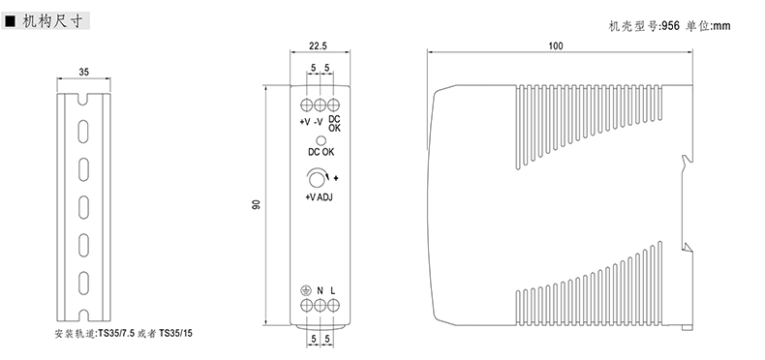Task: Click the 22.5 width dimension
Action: pyautogui.click(x=318, y=46)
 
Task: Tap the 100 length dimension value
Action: pyautogui.click(x=555, y=46)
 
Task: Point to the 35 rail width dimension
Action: pyautogui.click(x=84, y=73)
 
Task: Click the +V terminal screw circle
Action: pyautogui.click(x=307, y=105)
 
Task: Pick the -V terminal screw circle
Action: pyautogui.click(x=321, y=105)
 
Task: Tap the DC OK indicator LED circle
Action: pyautogui.click(x=321, y=140)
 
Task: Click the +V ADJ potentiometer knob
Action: pyautogui.click(x=317, y=179)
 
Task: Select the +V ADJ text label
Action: pyautogui.click(x=320, y=197)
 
